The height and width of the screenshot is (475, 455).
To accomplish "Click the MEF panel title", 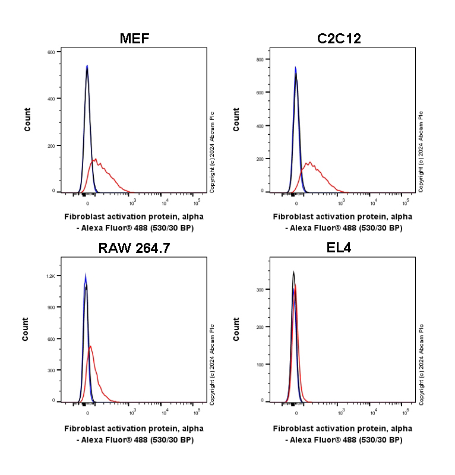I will tap(134, 39).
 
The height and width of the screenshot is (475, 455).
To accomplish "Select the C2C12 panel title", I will tap(339, 39).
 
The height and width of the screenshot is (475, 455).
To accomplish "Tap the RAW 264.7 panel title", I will tap(134, 248).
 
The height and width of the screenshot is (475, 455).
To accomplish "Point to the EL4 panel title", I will tap(339, 248).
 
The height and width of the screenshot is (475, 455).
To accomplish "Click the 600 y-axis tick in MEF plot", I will tap(51, 52).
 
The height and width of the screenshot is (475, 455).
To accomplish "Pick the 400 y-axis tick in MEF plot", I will tap(51, 99).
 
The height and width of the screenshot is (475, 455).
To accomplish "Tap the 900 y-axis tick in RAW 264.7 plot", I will tap(51, 308).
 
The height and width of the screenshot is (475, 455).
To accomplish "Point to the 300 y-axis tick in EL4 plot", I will tap(260, 289).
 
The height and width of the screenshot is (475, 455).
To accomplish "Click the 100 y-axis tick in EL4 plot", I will tap(260, 363).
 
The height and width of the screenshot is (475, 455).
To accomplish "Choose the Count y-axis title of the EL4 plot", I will tap(236, 330).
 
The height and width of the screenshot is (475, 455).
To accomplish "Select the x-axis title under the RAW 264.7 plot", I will tap(134, 433).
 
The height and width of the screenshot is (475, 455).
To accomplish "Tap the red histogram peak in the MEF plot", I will tap(95, 159).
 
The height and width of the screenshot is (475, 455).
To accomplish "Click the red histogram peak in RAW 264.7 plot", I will tap(90, 346).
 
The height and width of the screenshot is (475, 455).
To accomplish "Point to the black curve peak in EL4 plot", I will tap(293, 273).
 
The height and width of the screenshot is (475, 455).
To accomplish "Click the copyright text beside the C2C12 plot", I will tap(421, 151).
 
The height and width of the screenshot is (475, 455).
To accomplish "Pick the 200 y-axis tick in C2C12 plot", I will tap(260, 159).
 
